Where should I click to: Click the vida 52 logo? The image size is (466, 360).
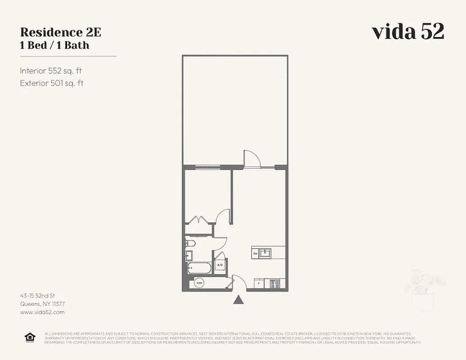[408, 31]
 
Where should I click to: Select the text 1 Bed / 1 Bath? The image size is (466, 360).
[54, 45]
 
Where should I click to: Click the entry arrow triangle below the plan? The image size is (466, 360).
[239, 300]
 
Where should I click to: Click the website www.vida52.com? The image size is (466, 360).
[42, 312]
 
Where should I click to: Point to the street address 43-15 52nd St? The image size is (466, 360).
[37, 296]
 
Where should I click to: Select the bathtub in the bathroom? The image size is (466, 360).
[199, 268]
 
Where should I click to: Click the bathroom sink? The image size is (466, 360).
[188, 256]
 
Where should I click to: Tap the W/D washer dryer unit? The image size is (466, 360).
[220, 265]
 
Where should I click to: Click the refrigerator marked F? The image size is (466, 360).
[259, 283]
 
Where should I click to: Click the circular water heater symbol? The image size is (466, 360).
[199, 283]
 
